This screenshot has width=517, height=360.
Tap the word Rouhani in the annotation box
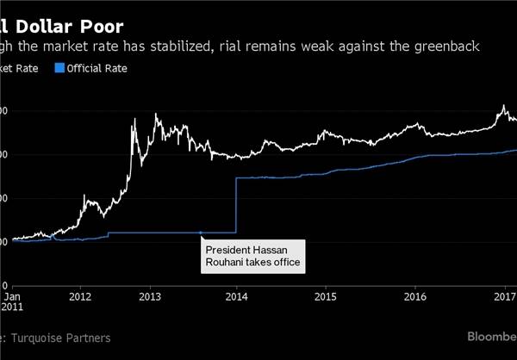tap(226, 261)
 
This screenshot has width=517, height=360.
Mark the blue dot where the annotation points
tap(201, 233)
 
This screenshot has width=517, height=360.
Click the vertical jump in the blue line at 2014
tap(236, 205)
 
